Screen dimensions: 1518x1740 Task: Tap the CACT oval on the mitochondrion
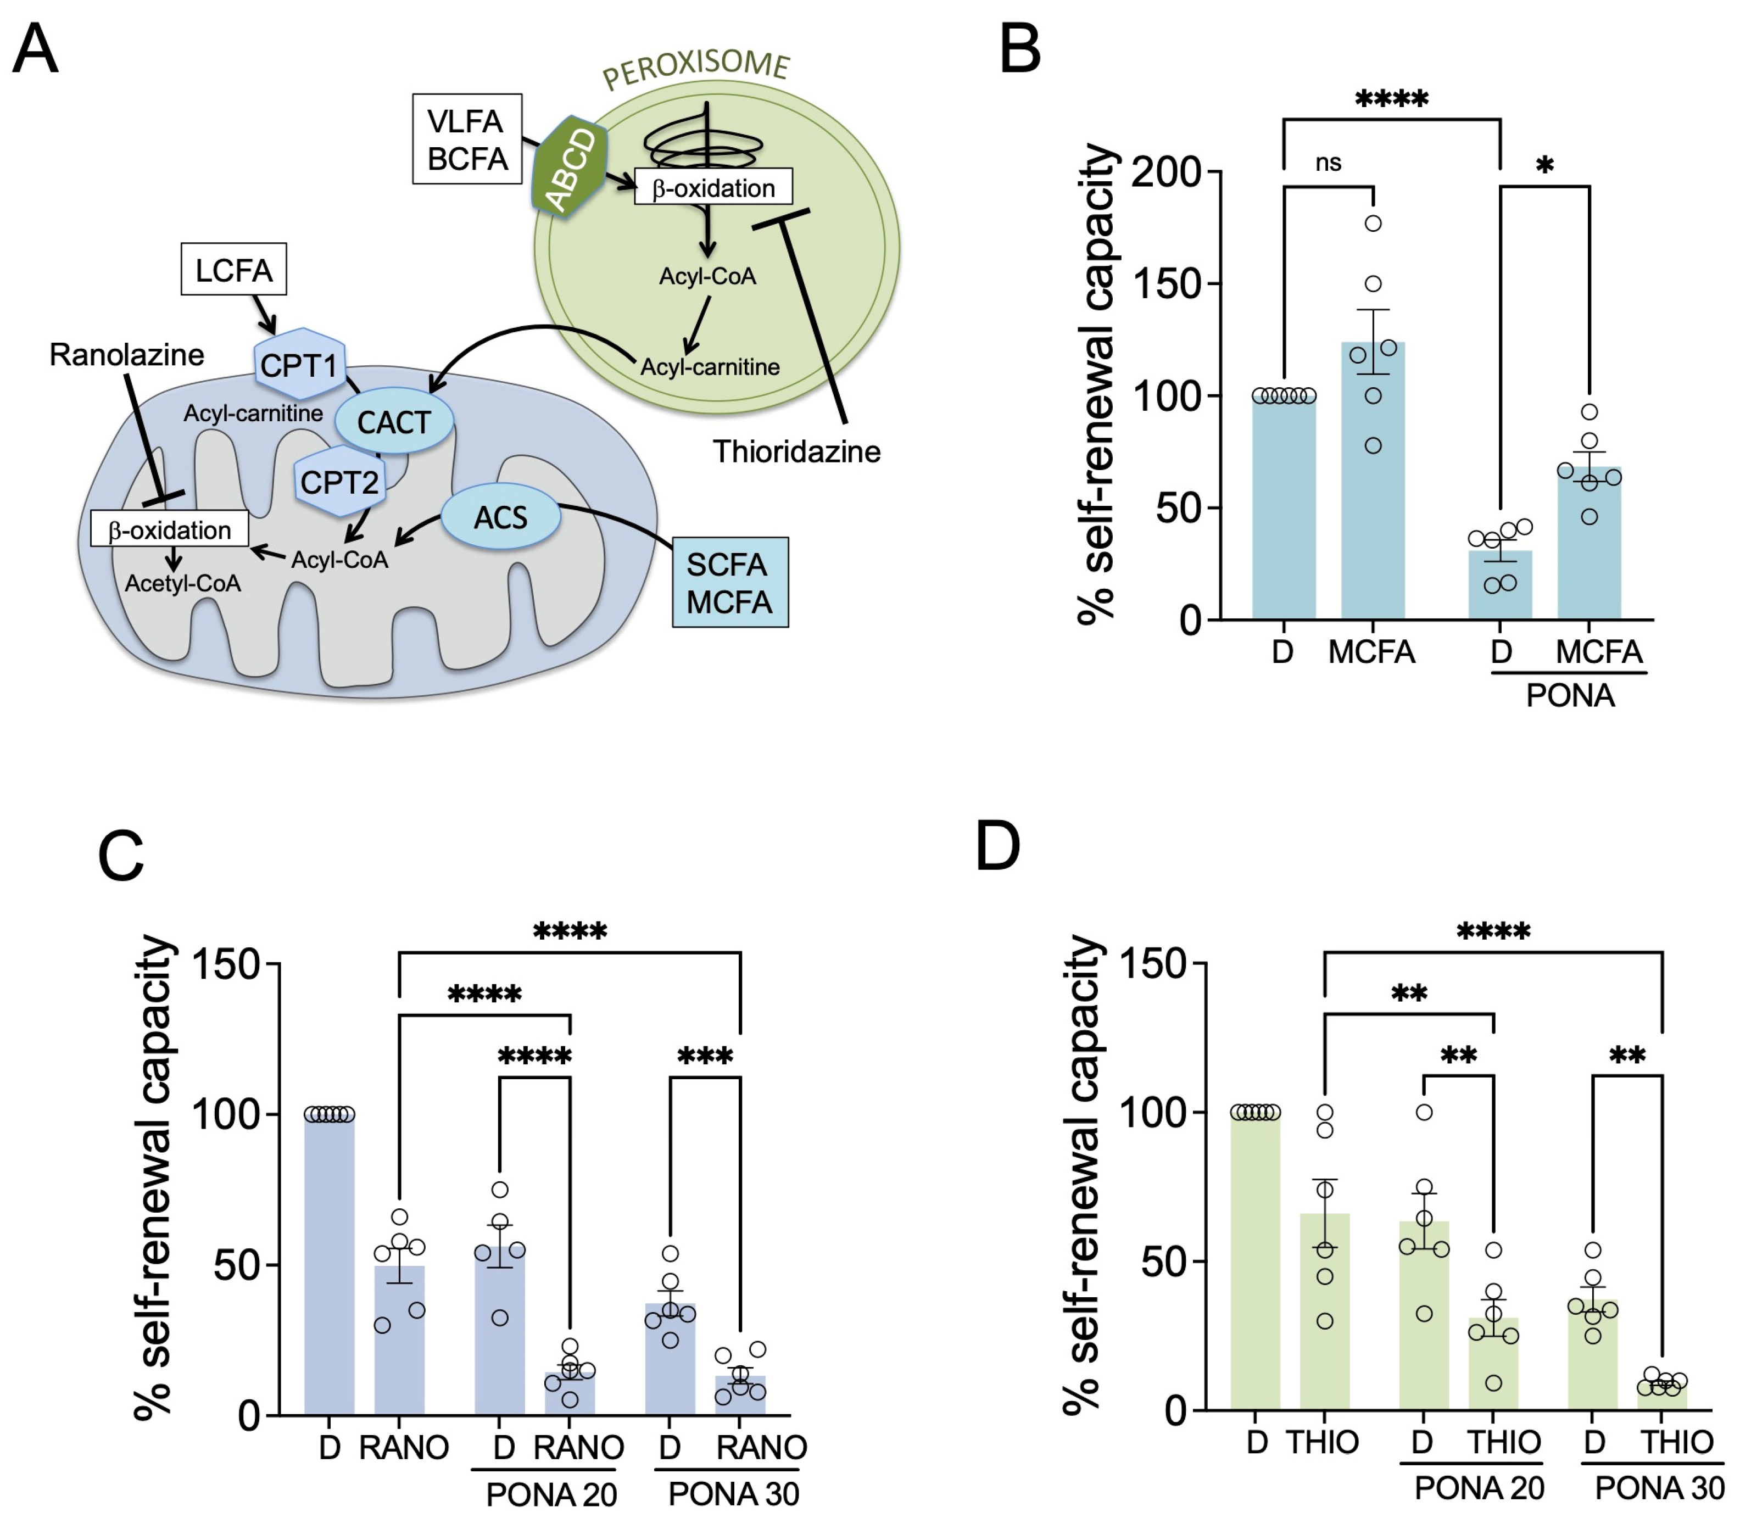point(394,422)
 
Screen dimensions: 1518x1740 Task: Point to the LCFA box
point(234,270)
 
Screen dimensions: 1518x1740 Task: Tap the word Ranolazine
point(127,354)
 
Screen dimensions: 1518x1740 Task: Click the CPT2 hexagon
point(339,482)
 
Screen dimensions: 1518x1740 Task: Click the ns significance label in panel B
point(1328,162)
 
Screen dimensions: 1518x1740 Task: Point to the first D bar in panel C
point(330,1262)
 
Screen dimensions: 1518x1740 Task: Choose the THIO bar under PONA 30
point(1661,1398)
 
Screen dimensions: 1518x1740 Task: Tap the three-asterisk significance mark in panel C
point(705,1056)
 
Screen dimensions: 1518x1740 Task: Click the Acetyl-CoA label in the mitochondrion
point(183,584)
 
